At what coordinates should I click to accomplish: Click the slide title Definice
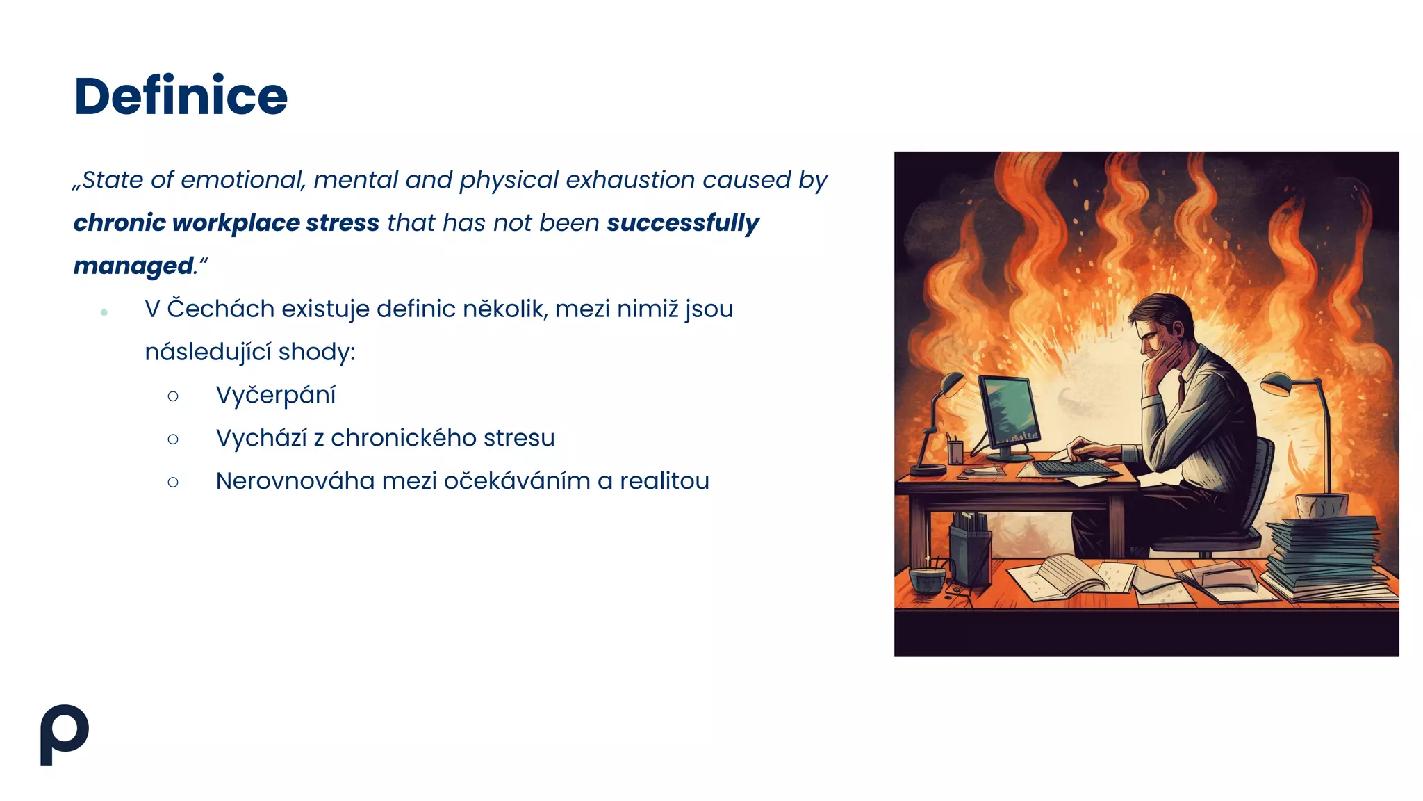(181, 96)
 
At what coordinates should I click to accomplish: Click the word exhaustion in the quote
(630, 180)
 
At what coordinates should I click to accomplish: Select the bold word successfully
(682, 223)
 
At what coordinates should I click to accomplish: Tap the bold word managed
(133, 266)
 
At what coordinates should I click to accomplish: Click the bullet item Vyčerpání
(275, 395)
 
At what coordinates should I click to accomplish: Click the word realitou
(664, 481)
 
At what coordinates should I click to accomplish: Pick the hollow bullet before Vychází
(173, 439)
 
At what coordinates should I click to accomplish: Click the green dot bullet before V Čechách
(104, 313)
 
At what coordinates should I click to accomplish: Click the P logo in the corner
(64, 734)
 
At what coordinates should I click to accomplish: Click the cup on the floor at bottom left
(928, 578)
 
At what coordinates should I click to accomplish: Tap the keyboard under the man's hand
(1074, 467)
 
